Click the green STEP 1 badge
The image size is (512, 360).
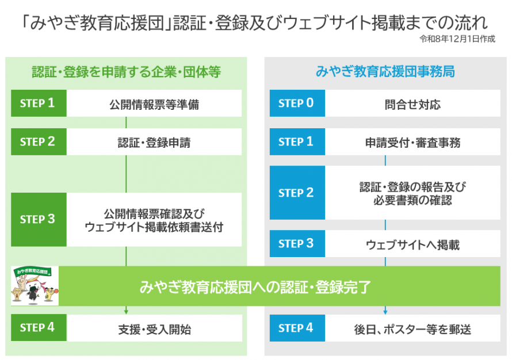coord(39,104)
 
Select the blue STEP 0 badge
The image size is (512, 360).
coord(297,104)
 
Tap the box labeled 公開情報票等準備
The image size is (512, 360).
coord(154,104)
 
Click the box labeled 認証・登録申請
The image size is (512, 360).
coord(154,142)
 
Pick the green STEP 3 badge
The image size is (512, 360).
coord(39,220)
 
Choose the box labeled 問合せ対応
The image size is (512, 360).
coord(412,104)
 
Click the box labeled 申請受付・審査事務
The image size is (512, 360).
coord(412,142)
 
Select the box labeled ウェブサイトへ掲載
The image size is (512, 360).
coord(412,244)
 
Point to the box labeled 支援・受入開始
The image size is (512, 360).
coord(154,329)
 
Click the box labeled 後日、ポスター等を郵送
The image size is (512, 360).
coord(412,329)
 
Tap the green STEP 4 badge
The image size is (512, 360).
coord(39,328)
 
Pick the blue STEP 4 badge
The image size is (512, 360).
coord(297,328)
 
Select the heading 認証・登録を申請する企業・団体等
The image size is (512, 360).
coord(127,72)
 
